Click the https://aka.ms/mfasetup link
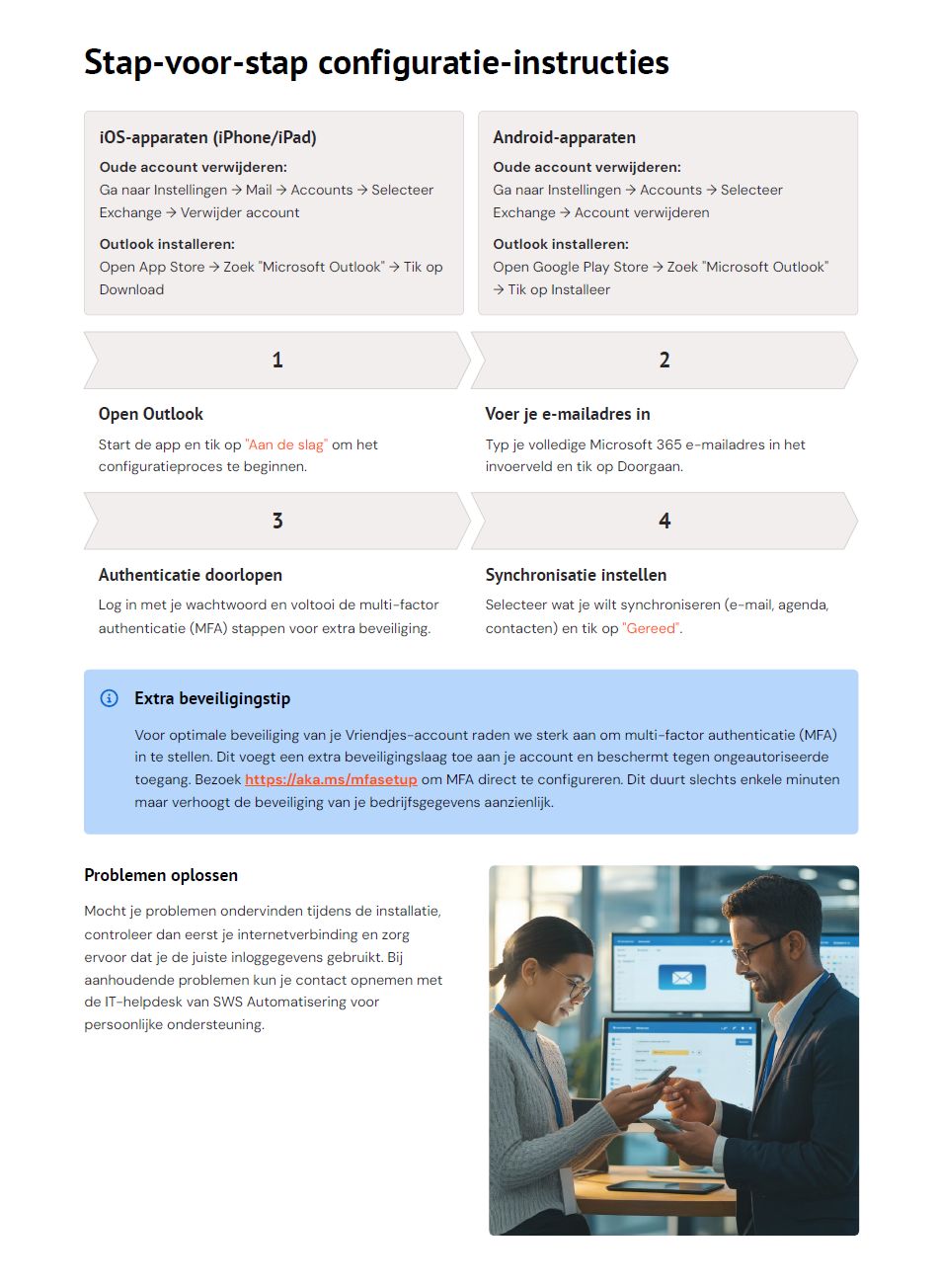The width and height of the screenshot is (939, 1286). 331,779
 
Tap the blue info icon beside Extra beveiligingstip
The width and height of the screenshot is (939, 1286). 110,698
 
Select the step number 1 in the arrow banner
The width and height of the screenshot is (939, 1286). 277,360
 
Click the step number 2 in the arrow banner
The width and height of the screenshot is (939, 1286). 665,360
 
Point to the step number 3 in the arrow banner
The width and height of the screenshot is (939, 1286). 277,521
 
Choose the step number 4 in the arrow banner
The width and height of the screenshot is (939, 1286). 665,521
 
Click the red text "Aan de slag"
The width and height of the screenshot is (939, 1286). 286,444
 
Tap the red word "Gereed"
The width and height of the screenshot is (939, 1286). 652,628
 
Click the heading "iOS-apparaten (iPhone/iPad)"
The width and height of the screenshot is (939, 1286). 207,137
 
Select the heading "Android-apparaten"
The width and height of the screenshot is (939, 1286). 564,137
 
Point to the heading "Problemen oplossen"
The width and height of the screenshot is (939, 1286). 161,875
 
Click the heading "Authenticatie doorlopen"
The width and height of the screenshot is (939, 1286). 191,575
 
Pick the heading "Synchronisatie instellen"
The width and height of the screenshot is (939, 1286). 576,575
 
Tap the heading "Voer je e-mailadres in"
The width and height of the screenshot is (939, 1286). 568,414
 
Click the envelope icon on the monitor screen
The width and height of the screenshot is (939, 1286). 681,977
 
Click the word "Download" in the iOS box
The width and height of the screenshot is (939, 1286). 131,289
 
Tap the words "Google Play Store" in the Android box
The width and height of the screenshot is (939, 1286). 590,267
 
